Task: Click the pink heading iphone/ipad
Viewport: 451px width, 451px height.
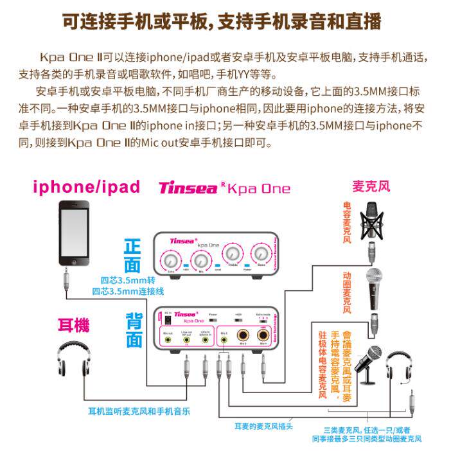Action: [86, 186]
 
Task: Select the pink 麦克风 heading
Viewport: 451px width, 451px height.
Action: [371, 186]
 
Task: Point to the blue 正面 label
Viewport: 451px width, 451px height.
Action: [132, 255]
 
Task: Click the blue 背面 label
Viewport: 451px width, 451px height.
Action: [134, 328]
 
